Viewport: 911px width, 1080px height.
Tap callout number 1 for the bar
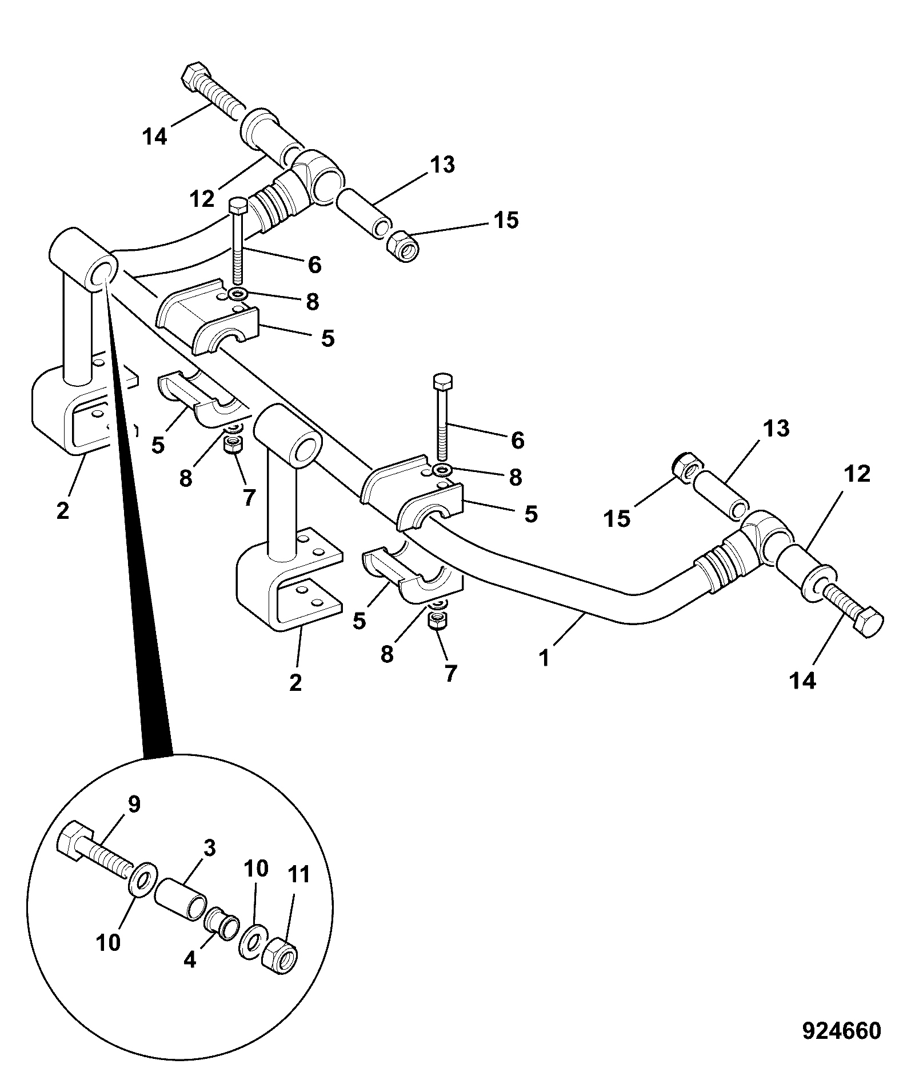pyautogui.click(x=544, y=657)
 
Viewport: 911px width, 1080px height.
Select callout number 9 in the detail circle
pyautogui.click(x=133, y=805)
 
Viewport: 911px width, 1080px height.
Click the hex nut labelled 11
pyautogui.click(x=279, y=955)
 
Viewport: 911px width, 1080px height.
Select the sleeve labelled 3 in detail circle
pyautogui.click(x=181, y=902)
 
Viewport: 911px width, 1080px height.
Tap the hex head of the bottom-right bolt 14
pyautogui.click(x=868, y=622)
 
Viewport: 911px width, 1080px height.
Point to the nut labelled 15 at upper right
pyautogui.click(x=402, y=247)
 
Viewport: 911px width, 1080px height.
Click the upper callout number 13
pyautogui.click(x=442, y=165)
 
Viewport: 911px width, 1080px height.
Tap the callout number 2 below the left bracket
pyautogui.click(x=63, y=510)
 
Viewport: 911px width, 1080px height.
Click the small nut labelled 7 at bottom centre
pyautogui.click(x=438, y=620)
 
